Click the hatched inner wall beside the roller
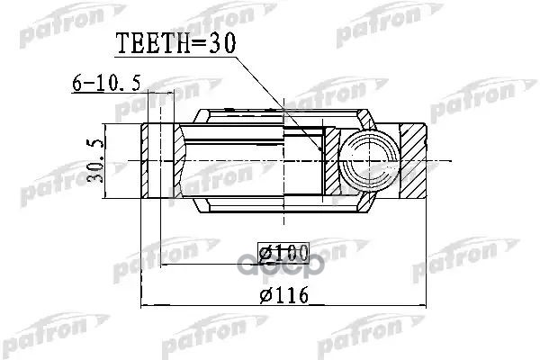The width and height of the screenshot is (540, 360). click(331, 159)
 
